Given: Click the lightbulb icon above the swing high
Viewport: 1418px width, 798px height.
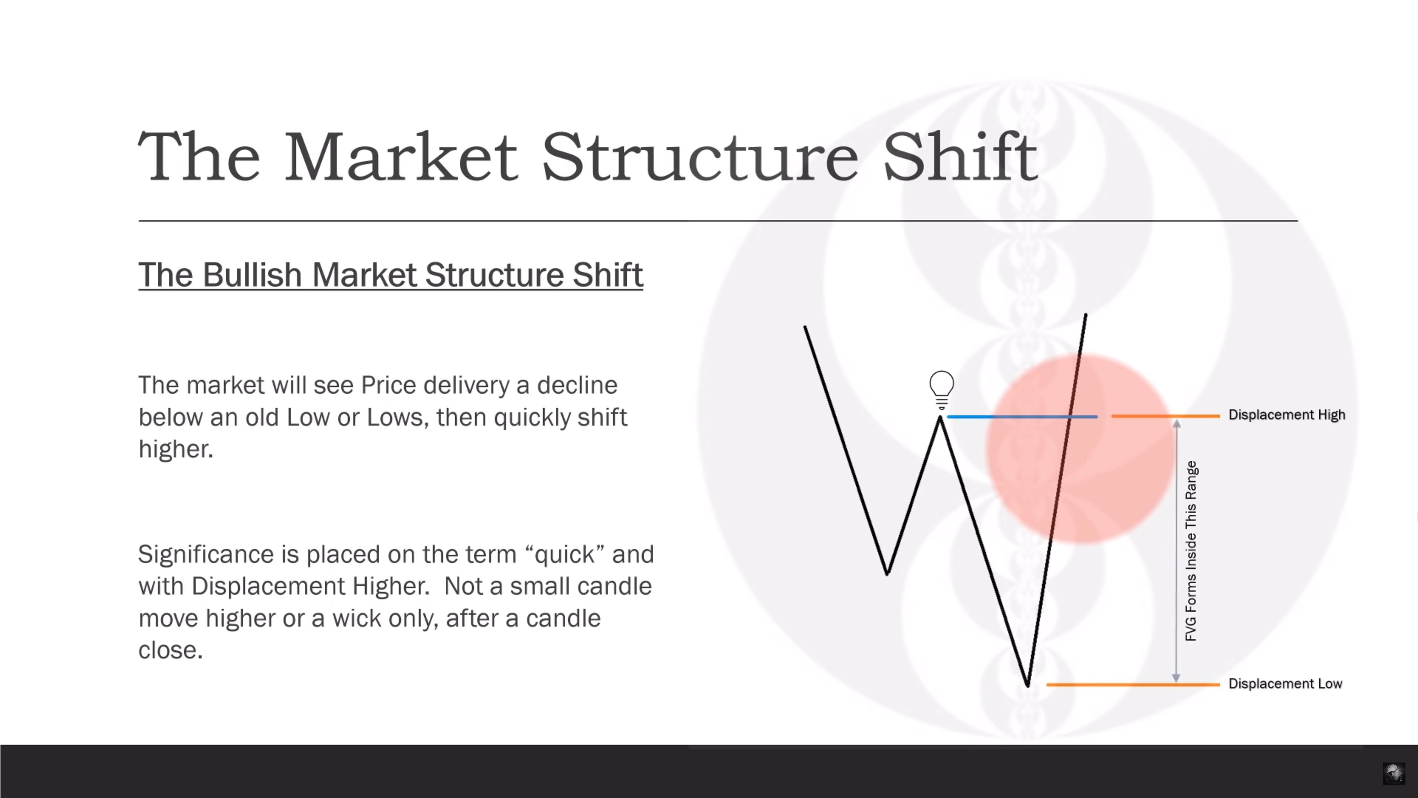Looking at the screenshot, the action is click(941, 390).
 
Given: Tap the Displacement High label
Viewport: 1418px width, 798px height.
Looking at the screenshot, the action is click(1287, 415).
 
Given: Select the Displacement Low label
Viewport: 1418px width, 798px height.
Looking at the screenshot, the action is click(1285, 683).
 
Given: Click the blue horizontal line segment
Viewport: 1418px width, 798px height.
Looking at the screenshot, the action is click(1022, 417).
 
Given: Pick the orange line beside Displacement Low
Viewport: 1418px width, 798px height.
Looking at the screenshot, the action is click(1133, 685).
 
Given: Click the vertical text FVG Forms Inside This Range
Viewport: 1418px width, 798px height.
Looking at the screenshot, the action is click(1191, 551).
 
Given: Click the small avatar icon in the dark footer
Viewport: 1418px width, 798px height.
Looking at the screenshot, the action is click(1394, 773).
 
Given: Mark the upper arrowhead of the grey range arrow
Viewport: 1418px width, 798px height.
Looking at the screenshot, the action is click(1176, 423).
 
